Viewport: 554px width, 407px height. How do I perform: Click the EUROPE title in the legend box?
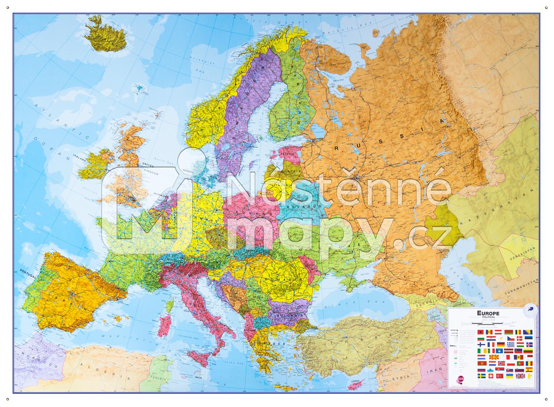click(x=488, y=313)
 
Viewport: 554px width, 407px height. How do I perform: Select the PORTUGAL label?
click(x=29, y=276)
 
